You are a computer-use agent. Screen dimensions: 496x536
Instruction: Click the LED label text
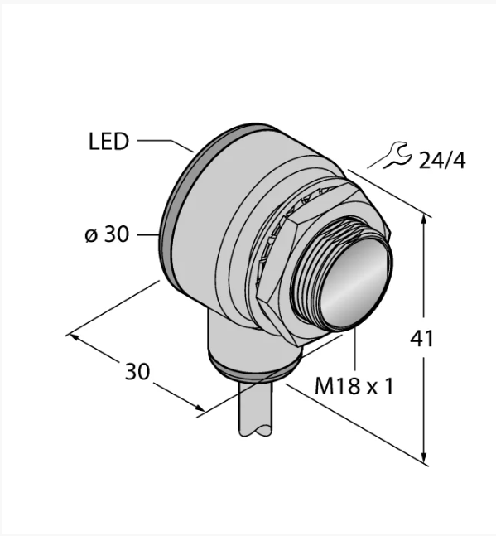(109, 141)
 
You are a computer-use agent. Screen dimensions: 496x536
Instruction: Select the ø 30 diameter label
(107, 234)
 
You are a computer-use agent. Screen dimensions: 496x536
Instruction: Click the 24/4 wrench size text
(441, 161)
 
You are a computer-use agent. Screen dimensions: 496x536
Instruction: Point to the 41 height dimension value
(421, 339)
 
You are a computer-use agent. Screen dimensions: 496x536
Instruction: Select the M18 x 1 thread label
(354, 386)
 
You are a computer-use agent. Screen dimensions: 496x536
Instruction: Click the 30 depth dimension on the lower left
(137, 371)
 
